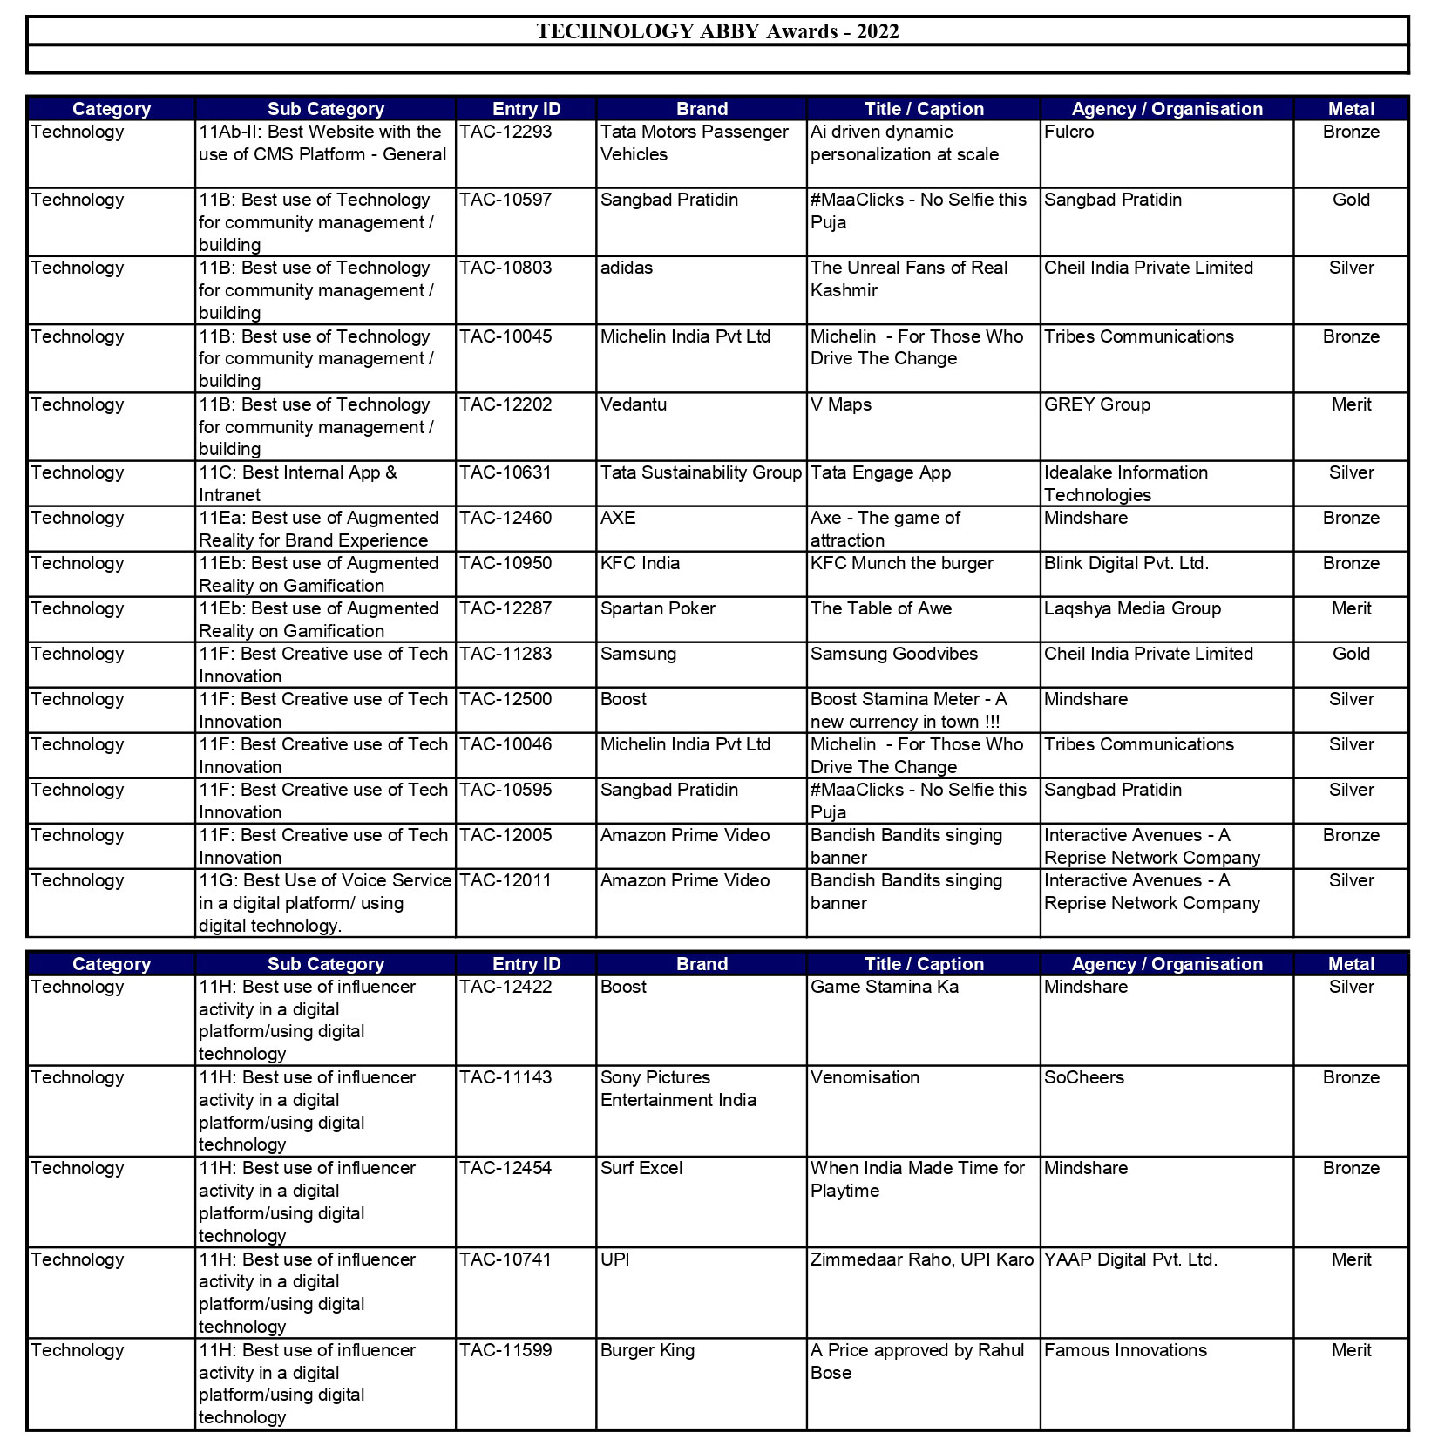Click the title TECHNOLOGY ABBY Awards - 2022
click(x=717, y=32)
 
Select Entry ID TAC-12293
click(x=505, y=132)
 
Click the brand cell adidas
click(x=627, y=268)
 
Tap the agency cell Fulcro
click(x=1068, y=132)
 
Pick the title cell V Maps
click(x=841, y=405)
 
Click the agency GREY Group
click(x=1097, y=405)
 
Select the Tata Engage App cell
click(x=880, y=473)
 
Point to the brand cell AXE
click(x=618, y=519)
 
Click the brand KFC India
click(x=640, y=564)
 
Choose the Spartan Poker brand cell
click(x=657, y=609)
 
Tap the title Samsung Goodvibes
click(x=894, y=655)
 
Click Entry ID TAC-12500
click(x=505, y=700)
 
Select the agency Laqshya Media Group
click(x=1132, y=609)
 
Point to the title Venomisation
click(x=865, y=1078)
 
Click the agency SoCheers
click(x=1084, y=1078)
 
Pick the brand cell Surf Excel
click(x=641, y=1169)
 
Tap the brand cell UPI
click(x=614, y=1260)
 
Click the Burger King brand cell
click(x=648, y=1351)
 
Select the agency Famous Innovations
click(x=1125, y=1351)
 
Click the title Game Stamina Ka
click(x=884, y=988)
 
